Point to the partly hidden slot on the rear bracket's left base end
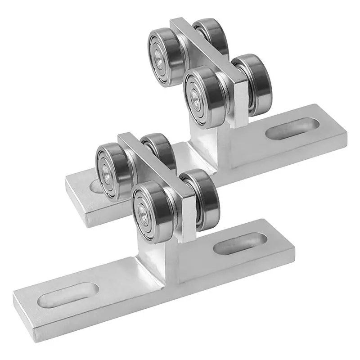pos(94,186)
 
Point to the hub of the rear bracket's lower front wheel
pos(195,97)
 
